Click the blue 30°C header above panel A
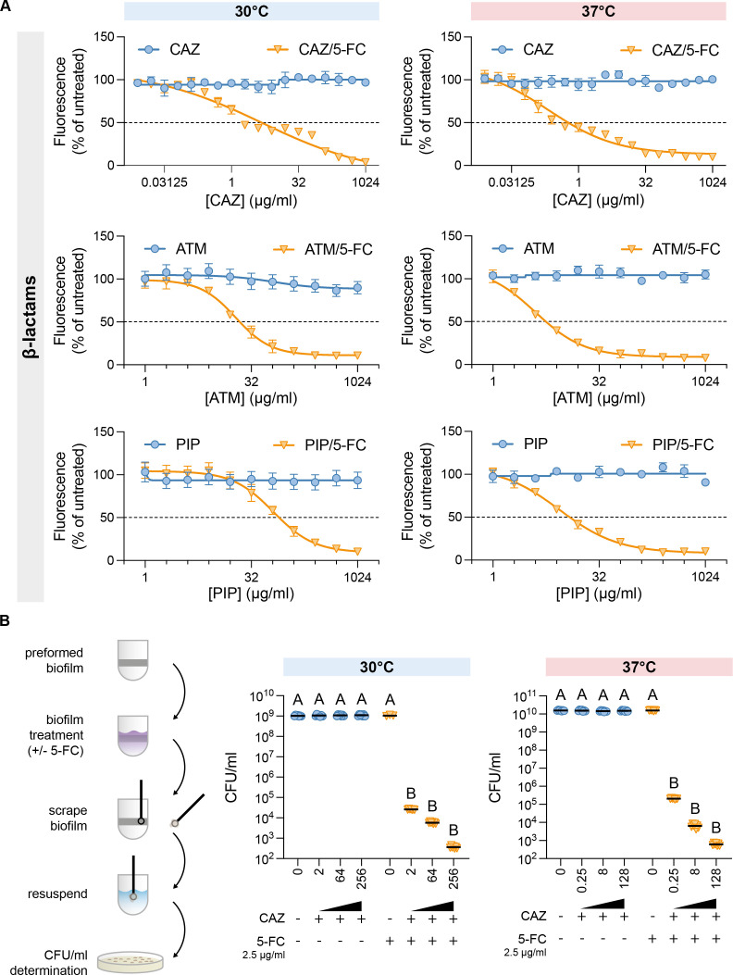[252, 11]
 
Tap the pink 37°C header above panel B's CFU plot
[640, 668]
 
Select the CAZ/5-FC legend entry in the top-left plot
[317, 50]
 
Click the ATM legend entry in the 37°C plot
[524, 249]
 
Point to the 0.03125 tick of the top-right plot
[511, 182]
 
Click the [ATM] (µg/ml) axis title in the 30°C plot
[251, 398]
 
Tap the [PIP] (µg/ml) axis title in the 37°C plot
[599, 594]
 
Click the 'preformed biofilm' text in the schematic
[54, 660]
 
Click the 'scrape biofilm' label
[68, 819]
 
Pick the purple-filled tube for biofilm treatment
[132, 735]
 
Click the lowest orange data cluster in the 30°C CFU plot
[453, 846]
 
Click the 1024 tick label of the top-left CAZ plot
[366, 182]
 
